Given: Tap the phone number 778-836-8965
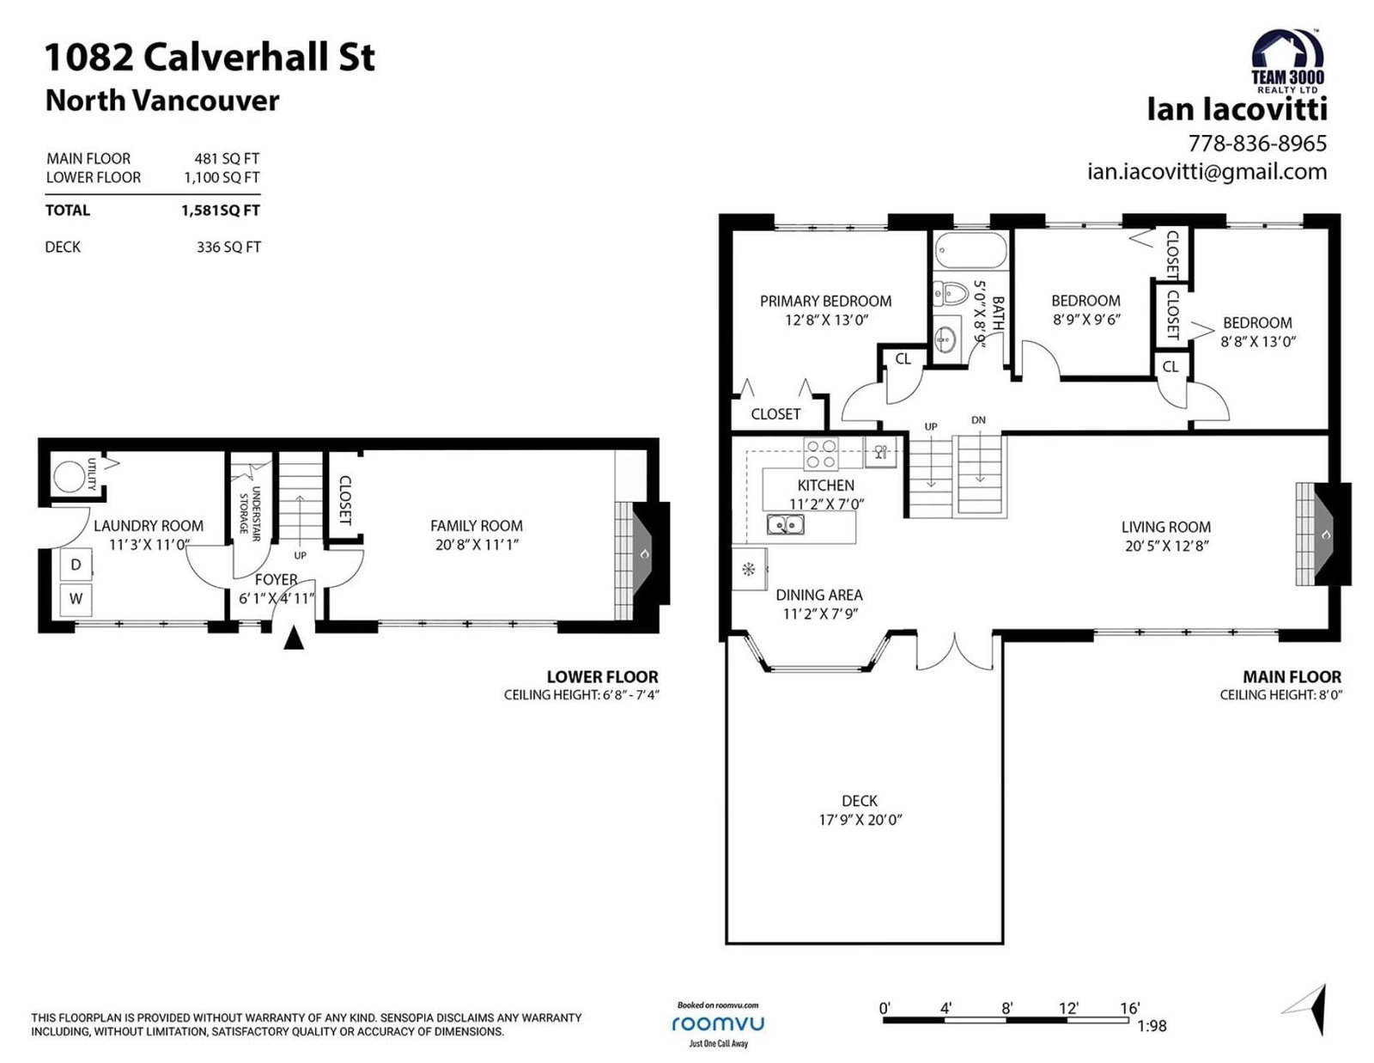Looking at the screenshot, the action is [1257, 144].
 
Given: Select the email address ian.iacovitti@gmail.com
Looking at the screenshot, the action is [1207, 172].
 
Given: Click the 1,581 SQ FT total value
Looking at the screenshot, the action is [220, 210].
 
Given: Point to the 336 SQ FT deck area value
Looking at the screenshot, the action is [228, 247].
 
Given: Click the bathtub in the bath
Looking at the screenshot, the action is [970, 251].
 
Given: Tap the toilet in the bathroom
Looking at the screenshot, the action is [951, 294].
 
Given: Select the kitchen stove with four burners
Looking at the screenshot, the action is [821, 454].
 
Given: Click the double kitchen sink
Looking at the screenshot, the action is [785, 524].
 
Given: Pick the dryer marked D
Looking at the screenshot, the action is [76, 565].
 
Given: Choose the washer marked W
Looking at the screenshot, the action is [76, 599].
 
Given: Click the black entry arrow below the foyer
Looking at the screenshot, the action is [294, 637].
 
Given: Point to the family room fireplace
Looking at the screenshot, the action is [641, 553].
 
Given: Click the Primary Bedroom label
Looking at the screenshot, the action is [825, 301].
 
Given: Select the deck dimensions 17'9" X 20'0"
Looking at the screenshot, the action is [860, 820].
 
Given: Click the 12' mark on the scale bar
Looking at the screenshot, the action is [1068, 1007].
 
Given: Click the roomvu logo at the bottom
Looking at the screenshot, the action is [718, 1023].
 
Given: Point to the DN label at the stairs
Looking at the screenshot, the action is [978, 420].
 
